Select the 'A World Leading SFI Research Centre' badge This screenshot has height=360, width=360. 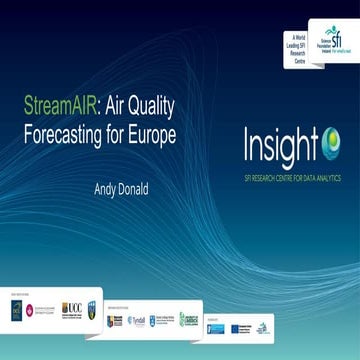pyautogui.click(x=294, y=46)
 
